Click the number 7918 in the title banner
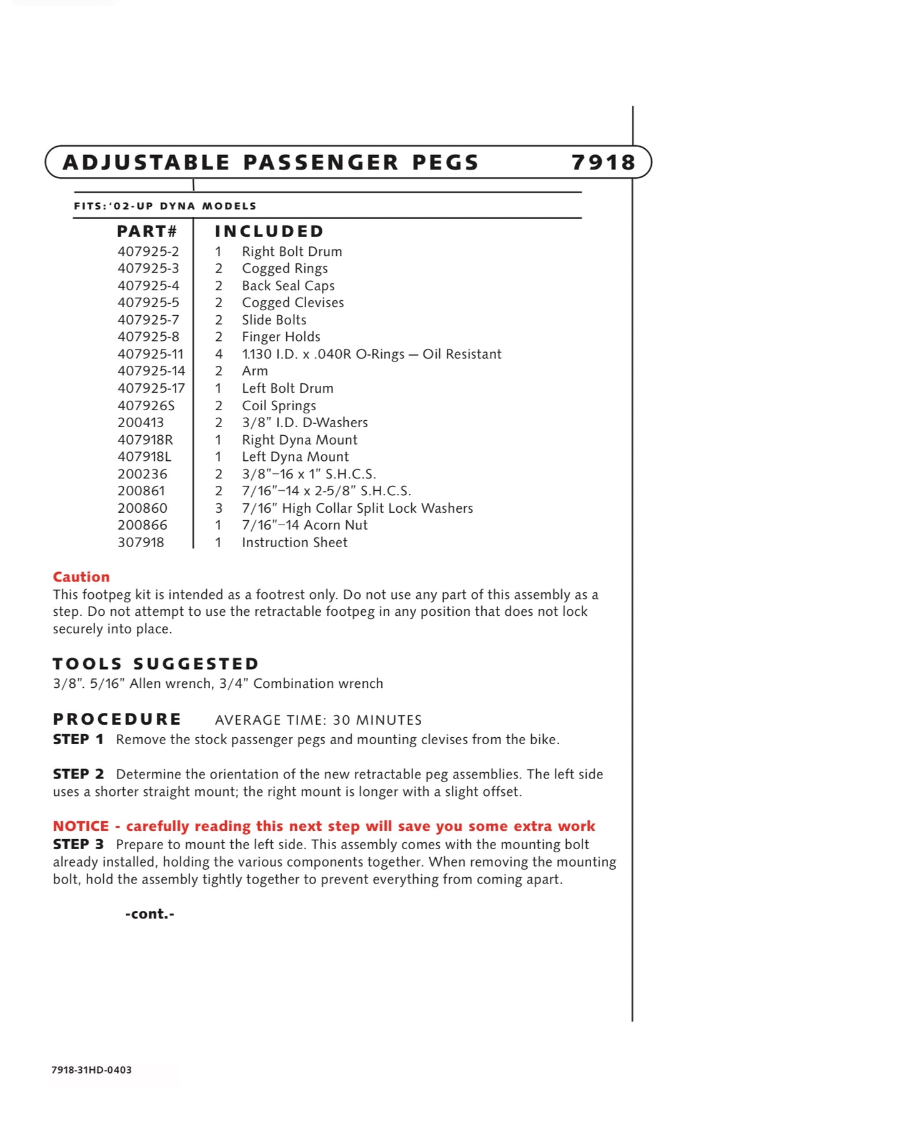[603, 163]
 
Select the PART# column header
[147, 231]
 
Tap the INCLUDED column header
[269, 231]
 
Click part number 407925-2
[148, 251]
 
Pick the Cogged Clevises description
[292, 303]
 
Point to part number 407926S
[146, 406]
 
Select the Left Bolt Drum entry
[287, 388]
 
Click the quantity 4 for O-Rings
[219, 354]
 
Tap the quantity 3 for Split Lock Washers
[219, 508]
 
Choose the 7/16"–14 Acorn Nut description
[304, 525]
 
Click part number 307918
[141, 543]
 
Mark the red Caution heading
[81, 577]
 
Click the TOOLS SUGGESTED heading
[156, 664]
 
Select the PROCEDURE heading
[117, 719]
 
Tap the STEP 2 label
[78, 774]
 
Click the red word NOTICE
[81, 826]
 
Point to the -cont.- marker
[150, 914]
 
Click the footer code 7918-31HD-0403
[92, 1070]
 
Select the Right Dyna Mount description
[299, 440]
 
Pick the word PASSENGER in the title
[321, 163]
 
